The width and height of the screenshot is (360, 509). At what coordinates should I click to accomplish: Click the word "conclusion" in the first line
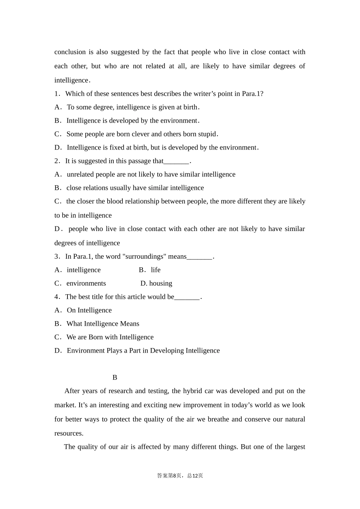pos(70,52)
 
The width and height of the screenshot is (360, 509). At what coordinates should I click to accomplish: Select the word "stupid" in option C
pos(207,134)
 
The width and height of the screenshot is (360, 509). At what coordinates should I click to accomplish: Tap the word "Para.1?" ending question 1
pos(252,94)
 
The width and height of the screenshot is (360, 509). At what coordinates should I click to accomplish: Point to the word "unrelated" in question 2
pos(81,174)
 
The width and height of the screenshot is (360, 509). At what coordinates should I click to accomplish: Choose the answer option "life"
pos(155,270)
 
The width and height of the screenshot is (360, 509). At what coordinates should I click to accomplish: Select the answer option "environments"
pos(86,283)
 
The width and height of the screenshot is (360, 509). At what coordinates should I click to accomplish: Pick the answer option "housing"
pos(161,283)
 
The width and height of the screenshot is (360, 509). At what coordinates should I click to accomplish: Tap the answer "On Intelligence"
pos(89,310)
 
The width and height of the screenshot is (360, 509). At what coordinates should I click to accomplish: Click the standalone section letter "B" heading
pos(115,378)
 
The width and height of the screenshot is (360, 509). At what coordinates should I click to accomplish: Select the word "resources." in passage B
pos(69,433)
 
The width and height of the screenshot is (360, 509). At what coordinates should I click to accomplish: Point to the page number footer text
pos(180,476)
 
